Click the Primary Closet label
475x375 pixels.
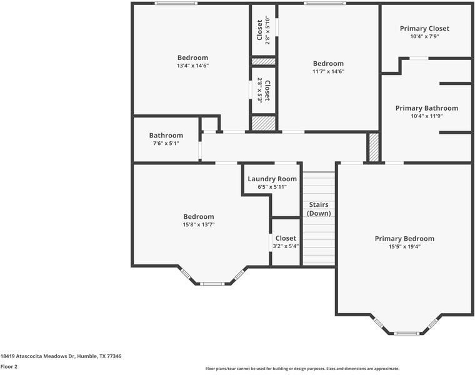[x=424, y=29]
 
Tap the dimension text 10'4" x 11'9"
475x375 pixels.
[x=426, y=116]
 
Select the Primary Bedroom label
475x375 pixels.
[x=404, y=239]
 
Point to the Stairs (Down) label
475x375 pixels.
[x=319, y=209]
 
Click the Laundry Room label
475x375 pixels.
[x=272, y=179]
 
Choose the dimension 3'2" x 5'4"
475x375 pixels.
[x=286, y=246]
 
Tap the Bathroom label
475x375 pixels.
[x=166, y=136]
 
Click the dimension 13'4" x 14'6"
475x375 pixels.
[x=193, y=66]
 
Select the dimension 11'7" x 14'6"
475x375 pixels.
[x=328, y=71]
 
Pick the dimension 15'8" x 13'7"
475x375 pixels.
[x=199, y=224]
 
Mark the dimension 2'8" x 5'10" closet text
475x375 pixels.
[x=267, y=30]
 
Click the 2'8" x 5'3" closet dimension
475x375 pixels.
[x=259, y=91]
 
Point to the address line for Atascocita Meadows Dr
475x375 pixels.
[x=61, y=356]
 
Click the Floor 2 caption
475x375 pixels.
[x=9, y=366]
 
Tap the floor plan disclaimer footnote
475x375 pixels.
[x=302, y=369]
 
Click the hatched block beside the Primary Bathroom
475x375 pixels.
[x=374, y=147]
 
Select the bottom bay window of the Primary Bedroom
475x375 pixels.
[x=406, y=334]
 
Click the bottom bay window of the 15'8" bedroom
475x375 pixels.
[x=212, y=284]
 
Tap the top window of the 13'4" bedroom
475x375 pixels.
[x=176, y=3]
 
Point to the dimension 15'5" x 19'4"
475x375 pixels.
[x=404, y=247]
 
